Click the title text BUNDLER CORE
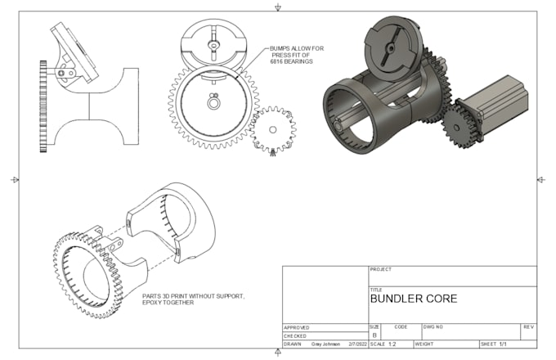point(414,299)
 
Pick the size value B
point(374,335)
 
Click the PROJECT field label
point(381,269)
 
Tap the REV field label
point(527,326)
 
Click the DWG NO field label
point(433,326)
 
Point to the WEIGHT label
point(424,344)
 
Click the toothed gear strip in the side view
point(43,106)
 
